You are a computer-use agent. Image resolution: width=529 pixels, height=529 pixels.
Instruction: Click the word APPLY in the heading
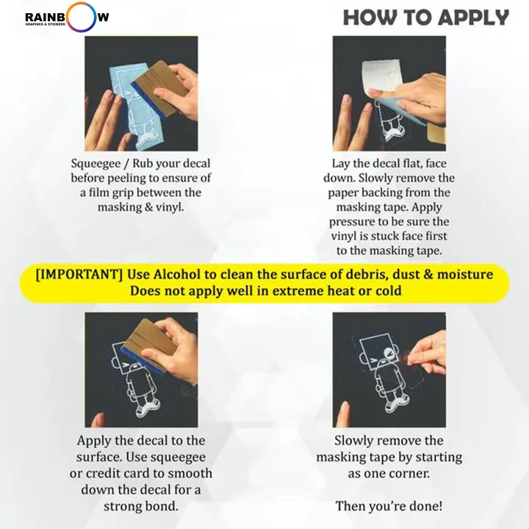tap(475, 18)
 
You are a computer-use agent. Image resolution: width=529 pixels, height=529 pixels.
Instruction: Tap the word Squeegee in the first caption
tap(96, 164)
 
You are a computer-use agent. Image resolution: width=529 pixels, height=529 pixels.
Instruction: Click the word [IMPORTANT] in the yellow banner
tap(79, 274)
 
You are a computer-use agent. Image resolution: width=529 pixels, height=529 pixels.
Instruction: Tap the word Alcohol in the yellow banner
tap(176, 274)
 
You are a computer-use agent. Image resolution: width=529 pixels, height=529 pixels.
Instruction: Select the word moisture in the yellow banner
tap(465, 274)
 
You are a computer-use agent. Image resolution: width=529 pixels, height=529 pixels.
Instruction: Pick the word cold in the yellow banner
tap(389, 291)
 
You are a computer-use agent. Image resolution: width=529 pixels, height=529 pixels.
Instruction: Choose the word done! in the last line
tap(425, 506)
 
